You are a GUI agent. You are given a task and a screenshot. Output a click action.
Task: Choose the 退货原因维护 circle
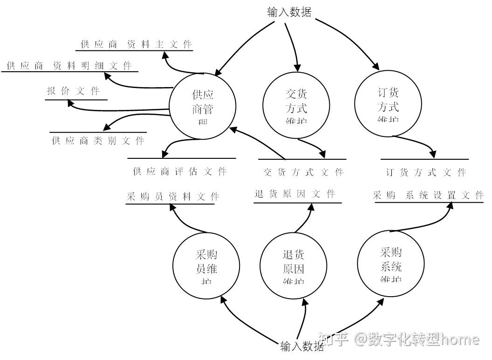tap(293, 264)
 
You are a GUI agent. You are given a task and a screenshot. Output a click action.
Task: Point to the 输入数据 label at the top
tap(289, 12)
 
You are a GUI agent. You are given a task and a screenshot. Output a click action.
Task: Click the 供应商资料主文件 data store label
tap(136, 44)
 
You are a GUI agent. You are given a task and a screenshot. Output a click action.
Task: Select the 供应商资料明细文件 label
tap(69, 66)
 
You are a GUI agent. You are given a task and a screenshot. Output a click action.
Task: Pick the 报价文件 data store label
tap(73, 91)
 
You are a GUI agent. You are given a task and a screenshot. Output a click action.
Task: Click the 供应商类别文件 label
tap(98, 141)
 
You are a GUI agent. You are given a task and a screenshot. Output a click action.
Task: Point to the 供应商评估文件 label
tap(180, 171)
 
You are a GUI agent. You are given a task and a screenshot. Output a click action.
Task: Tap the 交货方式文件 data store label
tap(303, 172)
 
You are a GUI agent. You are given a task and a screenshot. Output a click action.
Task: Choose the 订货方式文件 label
tap(426, 172)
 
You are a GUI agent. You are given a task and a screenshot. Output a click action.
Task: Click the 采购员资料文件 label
tap(172, 197)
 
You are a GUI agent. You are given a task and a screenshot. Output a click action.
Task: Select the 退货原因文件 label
tap(295, 194)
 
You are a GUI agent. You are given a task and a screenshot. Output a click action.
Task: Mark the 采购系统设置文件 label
tap(428, 196)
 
